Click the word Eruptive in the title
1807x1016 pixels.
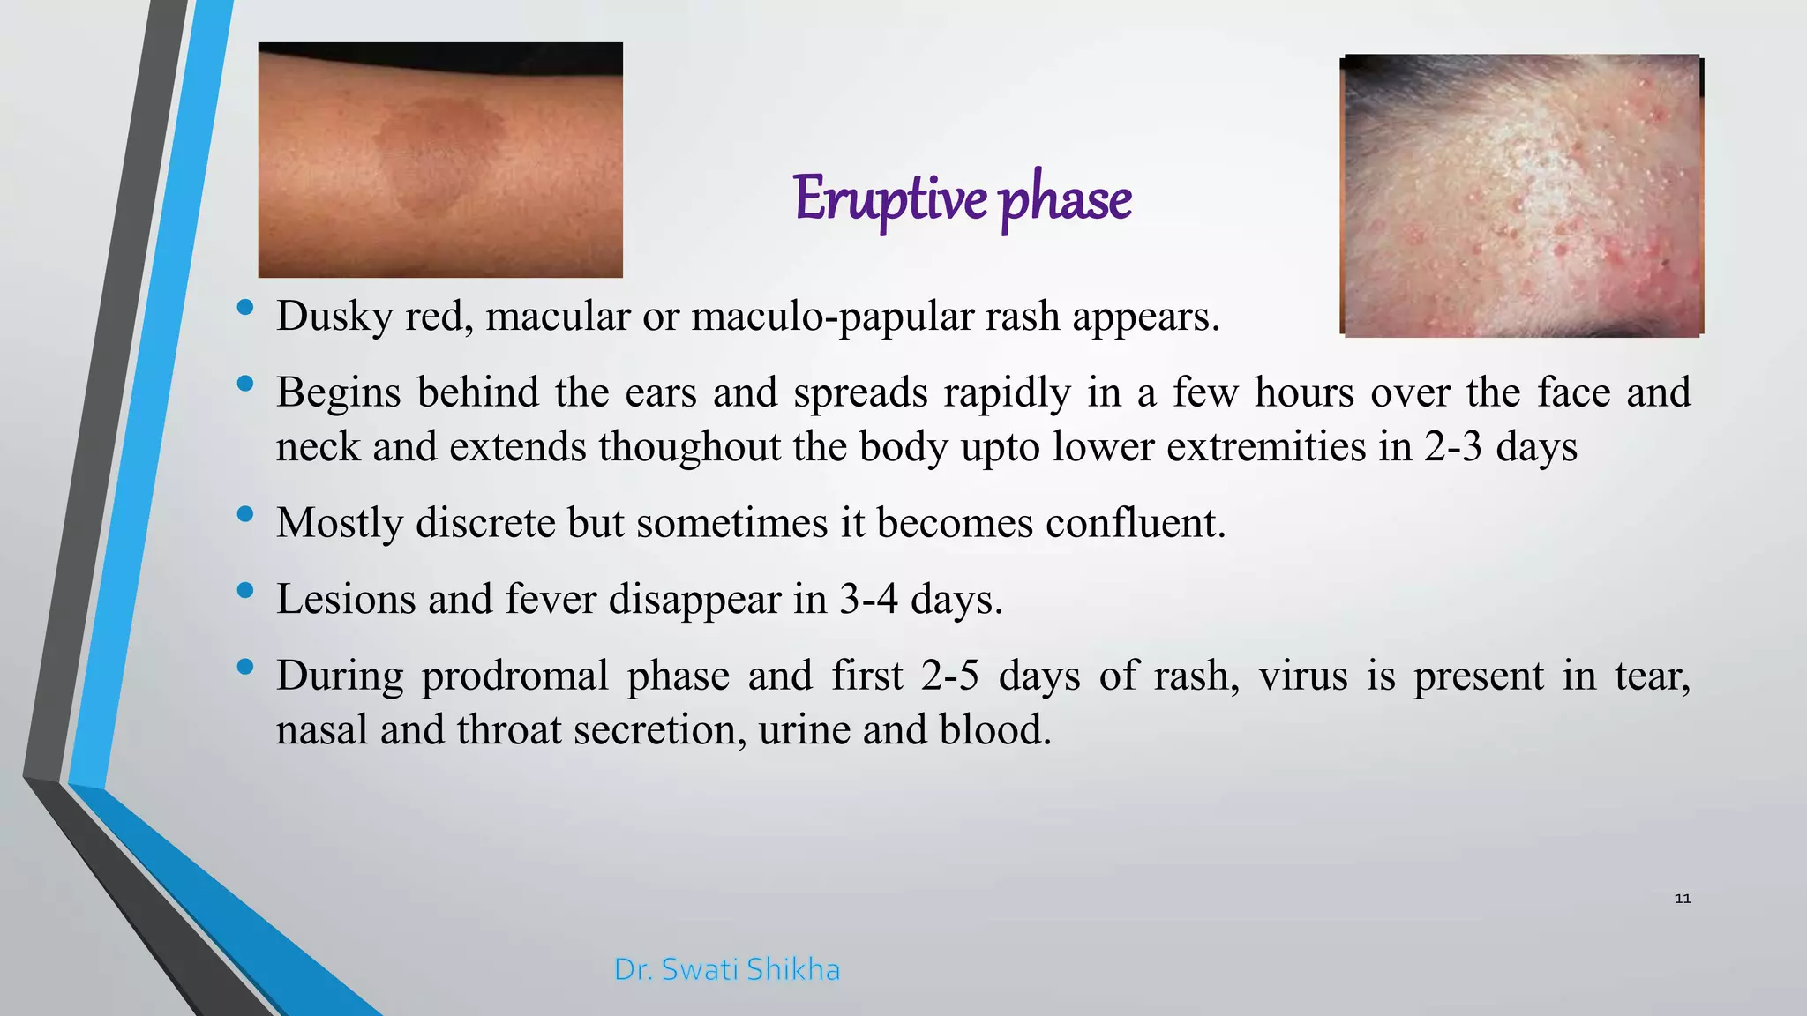coord(889,199)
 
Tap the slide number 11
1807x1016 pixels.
coord(1682,899)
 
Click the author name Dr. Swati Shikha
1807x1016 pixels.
coord(726,969)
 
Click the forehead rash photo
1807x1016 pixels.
coord(1522,196)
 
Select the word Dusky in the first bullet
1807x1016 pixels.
coord(334,317)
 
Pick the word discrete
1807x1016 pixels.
coord(484,523)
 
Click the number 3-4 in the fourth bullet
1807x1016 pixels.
coord(868,600)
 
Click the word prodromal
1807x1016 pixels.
coord(514,676)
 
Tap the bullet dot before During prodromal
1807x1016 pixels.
coord(245,666)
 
